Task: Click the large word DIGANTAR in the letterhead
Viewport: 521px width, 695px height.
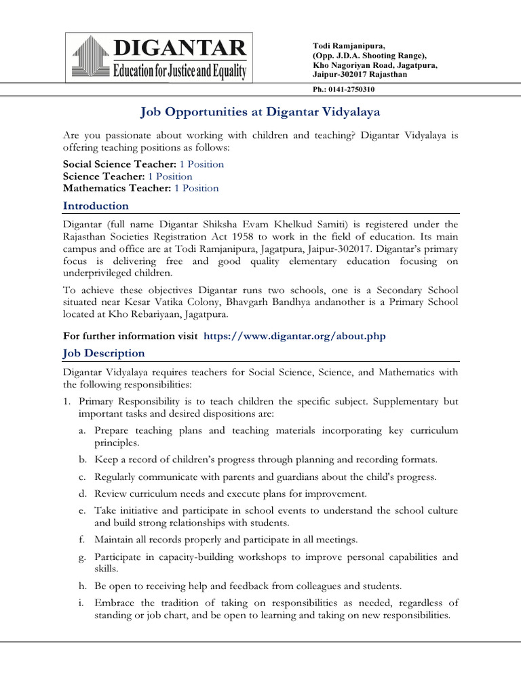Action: [180, 48]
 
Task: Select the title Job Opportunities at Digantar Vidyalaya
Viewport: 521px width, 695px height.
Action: [260, 111]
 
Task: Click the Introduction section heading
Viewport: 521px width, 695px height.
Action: [96, 206]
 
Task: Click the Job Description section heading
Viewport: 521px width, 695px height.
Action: [104, 353]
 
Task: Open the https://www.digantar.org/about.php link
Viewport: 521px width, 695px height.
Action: [294, 336]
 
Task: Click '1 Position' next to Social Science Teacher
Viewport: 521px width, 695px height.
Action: [201, 164]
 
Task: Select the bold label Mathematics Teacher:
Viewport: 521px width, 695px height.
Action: [117, 188]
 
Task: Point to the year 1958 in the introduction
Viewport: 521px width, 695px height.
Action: [273, 236]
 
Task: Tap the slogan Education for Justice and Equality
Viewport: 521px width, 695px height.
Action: [180, 70]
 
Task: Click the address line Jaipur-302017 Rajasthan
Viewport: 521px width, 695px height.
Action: [360, 75]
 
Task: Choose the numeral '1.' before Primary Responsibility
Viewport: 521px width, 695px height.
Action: [68, 401]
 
